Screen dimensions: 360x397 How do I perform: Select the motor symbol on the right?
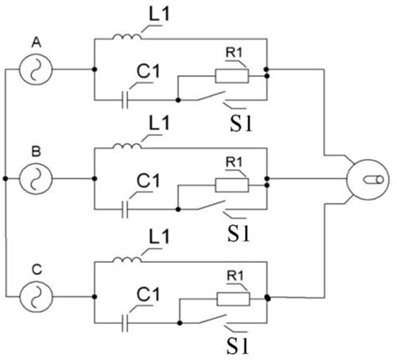coord(369,177)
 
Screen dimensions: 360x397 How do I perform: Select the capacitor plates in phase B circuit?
coord(124,205)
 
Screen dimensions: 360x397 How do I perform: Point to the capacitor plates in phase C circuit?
coord(124,319)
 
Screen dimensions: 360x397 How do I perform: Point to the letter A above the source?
coord(36,41)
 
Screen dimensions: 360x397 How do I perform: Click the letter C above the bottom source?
coord(36,269)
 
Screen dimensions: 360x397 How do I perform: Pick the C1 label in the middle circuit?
coord(148,179)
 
